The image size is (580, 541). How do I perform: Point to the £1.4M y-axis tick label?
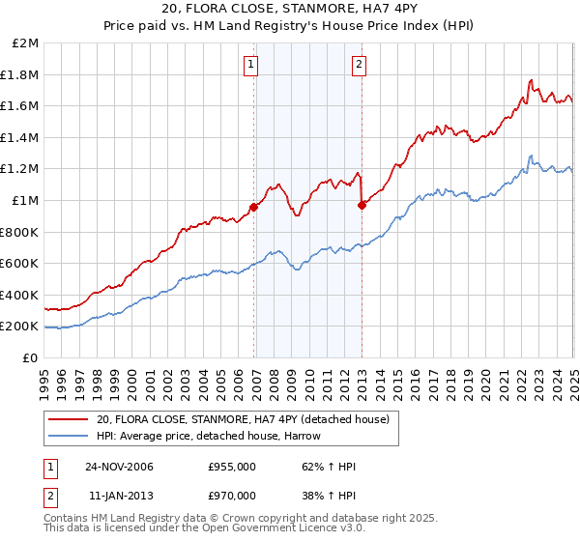pyautogui.click(x=21, y=138)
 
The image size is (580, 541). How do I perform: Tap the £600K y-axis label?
pyautogui.click(x=19, y=264)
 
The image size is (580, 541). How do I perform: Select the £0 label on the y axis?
pyautogui.click(x=30, y=357)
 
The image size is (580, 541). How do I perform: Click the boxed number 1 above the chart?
pyautogui.click(x=250, y=65)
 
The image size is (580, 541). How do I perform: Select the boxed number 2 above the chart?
pyautogui.click(x=359, y=65)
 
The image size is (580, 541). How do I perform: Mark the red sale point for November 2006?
pyautogui.click(x=254, y=207)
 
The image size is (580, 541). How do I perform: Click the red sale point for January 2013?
pyautogui.click(x=362, y=205)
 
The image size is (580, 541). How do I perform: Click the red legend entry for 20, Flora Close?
pyautogui.click(x=242, y=419)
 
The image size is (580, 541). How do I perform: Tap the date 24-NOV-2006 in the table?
pyautogui.click(x=118, y=467)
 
